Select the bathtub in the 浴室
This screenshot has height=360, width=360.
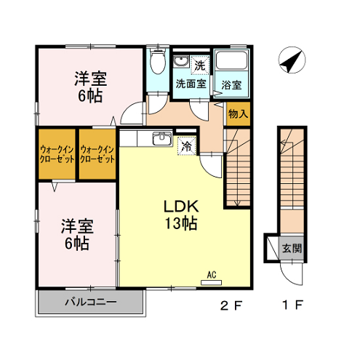coord(231,60)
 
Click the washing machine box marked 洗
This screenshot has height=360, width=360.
coord(200,65)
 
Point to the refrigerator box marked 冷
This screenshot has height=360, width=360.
coord(187,146)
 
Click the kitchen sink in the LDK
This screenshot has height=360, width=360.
coord(162,139)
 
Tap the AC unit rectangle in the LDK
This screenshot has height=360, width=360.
coord(211,282)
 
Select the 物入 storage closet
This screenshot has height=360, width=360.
coord(239,114)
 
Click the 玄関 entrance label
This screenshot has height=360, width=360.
coord(292,248)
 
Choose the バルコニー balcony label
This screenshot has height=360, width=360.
coord(90,302)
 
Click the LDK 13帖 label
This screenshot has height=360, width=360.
coord(181,215)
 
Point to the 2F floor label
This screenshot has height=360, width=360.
coord(231,305)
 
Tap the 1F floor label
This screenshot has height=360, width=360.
coord(293,305)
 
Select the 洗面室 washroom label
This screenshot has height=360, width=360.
coord(191,84)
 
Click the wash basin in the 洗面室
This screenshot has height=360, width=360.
coord(181,61)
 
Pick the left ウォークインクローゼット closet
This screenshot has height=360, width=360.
coord(57,154)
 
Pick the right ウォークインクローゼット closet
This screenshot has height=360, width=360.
coord(97,154)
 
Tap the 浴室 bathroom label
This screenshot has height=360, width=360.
coord(231,85)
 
